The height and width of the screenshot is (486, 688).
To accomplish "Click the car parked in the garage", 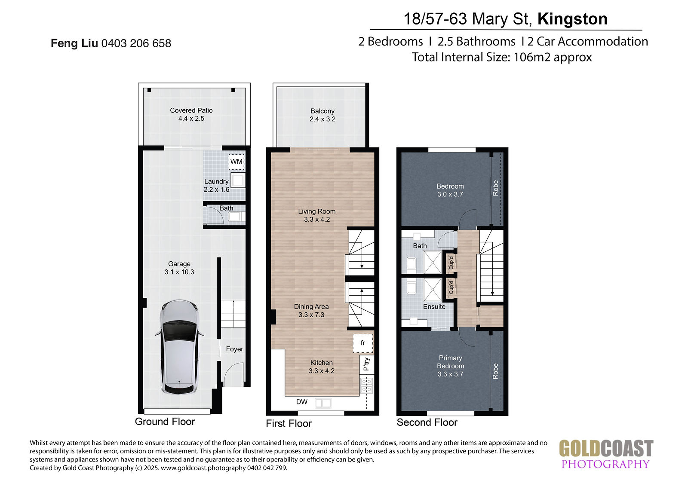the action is (x=179, y=347).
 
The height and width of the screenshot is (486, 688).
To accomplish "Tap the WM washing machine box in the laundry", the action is (x=236, y=162).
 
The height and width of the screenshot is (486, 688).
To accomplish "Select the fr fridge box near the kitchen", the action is (x=363, y=343).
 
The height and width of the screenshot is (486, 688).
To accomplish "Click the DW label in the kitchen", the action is (x=302, y=402).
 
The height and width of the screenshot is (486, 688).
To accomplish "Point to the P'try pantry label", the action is (x=366, y=364).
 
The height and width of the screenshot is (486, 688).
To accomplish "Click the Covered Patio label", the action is (x=191, y=110).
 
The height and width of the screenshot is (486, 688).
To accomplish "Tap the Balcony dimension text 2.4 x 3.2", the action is (x=322, y=119).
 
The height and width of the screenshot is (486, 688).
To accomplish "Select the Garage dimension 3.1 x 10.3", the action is (x=179, y=272).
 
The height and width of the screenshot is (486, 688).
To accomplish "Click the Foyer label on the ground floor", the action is (x=234, y=349).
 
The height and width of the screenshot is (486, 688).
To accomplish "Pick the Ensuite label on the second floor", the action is (x=434, y=306).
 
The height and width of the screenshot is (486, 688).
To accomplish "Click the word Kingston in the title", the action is (x=572, y=19).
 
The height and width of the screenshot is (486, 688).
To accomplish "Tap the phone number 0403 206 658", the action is (x=136, y=43).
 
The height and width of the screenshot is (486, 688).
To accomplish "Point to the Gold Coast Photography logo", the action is (x=606, y=454).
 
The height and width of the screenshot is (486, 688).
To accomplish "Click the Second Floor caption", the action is (x=427, y=422).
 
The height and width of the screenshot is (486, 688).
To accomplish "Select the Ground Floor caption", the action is (x=165, y=422).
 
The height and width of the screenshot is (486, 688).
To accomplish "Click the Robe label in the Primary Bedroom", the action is (x=495, y=371).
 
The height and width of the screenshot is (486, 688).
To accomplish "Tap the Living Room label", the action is (x=316, y=211).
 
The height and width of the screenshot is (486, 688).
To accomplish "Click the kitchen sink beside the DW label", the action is (x=323, y=403).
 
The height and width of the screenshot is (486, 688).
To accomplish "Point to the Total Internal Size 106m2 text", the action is (x=501, y=57).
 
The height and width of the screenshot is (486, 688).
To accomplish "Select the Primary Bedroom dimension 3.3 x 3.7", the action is (x=450, y=374).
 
